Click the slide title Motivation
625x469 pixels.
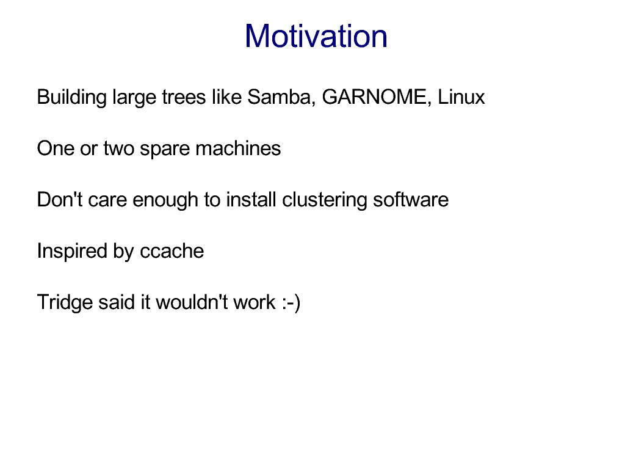[316, 36]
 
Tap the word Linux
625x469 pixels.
[461, 97]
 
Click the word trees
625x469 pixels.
[184, 97]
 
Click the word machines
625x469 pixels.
[238, 148]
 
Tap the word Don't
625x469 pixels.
[60, 200]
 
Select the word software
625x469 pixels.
[411, 200]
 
